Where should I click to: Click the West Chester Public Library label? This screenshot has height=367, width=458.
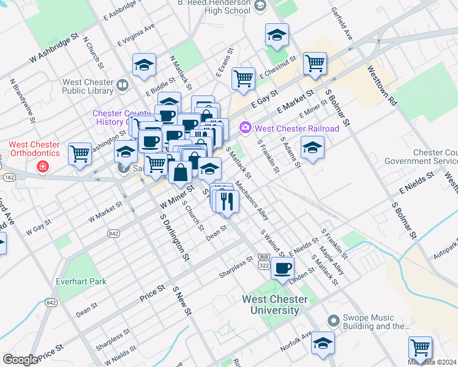[88, 86]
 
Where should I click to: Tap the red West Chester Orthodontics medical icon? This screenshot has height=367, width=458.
[42, 166]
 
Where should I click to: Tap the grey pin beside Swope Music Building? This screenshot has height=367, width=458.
[333, 320]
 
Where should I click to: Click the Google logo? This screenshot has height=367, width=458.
[20, 360]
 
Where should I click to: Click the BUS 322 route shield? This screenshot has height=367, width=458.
[264, 261]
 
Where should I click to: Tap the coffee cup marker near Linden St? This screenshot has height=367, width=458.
[282, 268]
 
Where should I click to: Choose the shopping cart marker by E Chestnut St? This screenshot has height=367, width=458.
[315, 62]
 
